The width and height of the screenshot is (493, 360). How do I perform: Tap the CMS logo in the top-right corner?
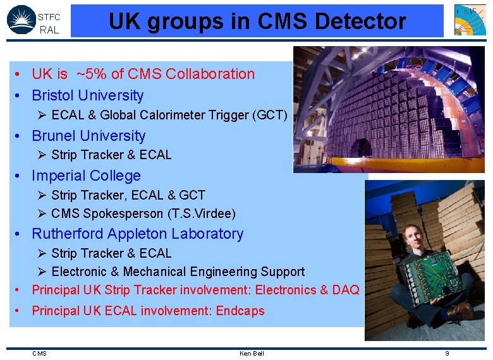[x=470, y=20]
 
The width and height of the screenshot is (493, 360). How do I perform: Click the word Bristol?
[x=54, y=95]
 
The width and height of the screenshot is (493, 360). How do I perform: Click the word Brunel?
[x=54, y=136]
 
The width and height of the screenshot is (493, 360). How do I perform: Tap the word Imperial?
[x=59, y=176]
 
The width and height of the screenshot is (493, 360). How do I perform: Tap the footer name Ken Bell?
[x=252, y=353]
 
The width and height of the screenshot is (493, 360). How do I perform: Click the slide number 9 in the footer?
[x=447, y=353]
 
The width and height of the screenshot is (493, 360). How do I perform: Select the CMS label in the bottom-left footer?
[x=39, y=353]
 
